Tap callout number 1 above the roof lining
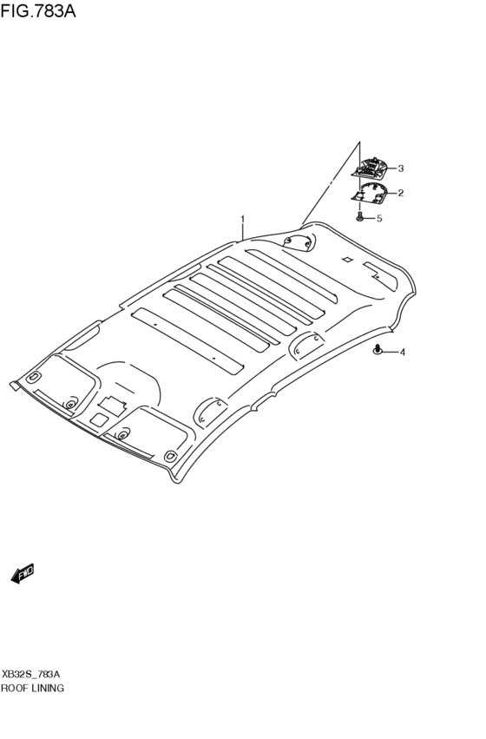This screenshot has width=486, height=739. tap(243, 219)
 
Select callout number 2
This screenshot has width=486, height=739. tap(401, 193)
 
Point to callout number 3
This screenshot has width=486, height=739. tap(401, 168)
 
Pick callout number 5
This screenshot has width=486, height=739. tap(378, 218)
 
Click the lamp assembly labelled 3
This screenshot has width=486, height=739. tap(373, 167)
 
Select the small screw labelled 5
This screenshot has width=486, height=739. tap(360, 216)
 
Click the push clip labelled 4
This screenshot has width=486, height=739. tap(378, 350)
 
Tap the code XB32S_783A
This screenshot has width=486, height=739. tap(31, 674)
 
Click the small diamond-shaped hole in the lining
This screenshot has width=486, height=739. tap(346, 259)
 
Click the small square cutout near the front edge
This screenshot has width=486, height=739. tap(102, 419)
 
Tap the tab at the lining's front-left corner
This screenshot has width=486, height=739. tap(14, 384)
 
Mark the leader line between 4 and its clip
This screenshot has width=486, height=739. tap(391, 353)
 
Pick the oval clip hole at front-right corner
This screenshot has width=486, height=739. tap(170, 455)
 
